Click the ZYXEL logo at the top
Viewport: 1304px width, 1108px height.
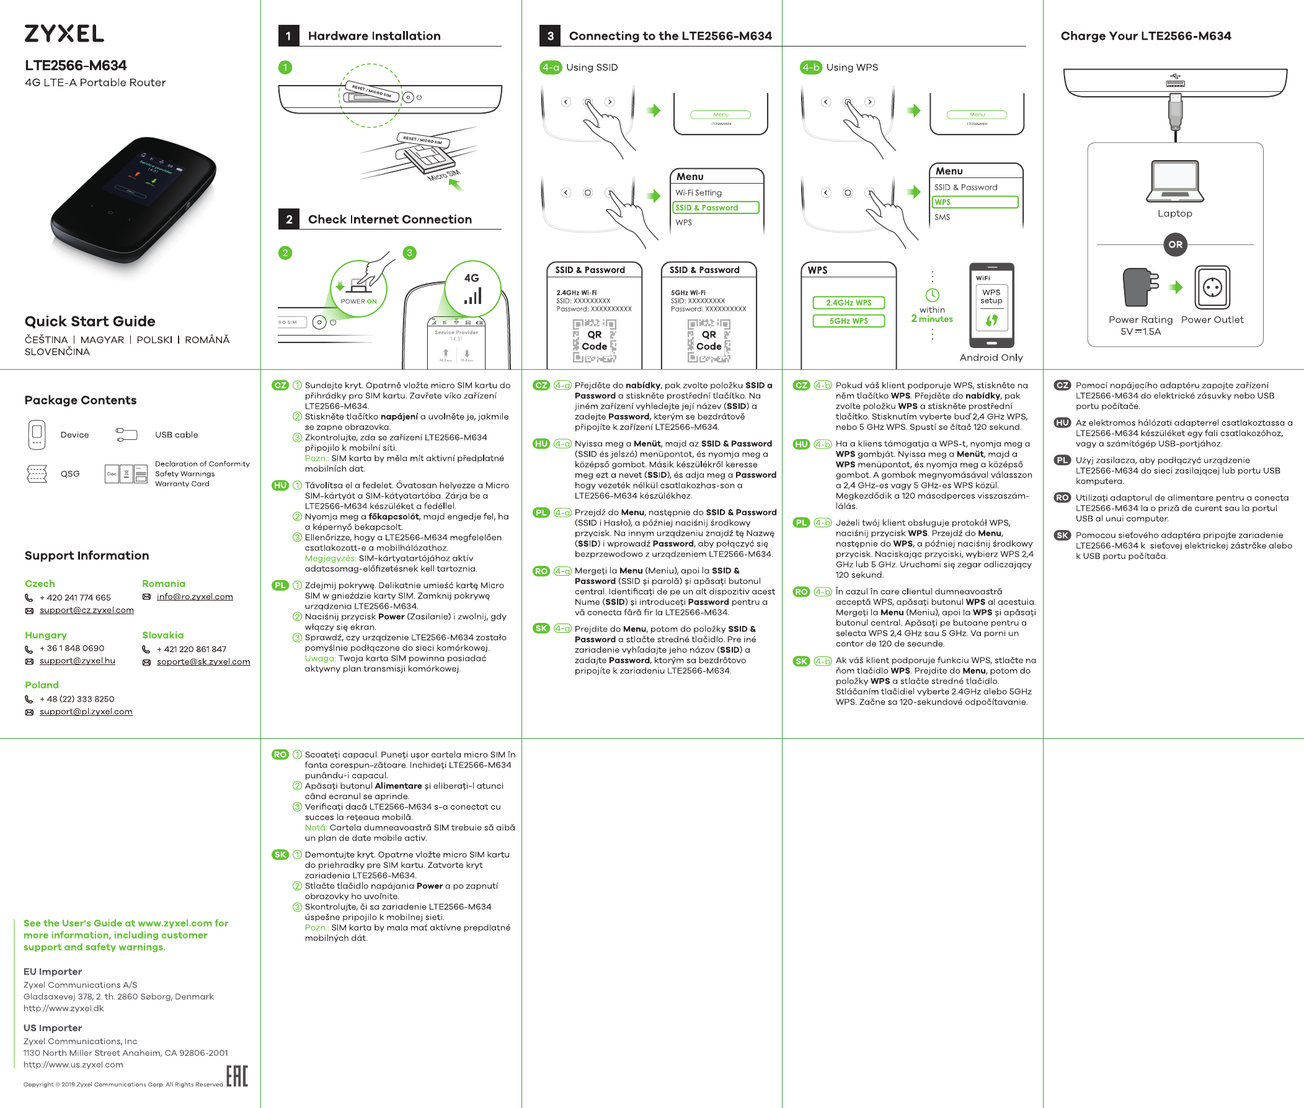coord(64,34)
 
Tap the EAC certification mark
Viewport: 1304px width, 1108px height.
coord(237,1076)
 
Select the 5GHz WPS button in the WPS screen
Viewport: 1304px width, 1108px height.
coord(848,321)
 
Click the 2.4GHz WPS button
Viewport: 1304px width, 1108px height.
coord(848,303)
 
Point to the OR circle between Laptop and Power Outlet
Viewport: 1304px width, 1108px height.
coord(1174,244)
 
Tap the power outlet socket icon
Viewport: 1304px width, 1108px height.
coord(1212,288)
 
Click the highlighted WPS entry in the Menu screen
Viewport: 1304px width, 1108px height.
coord(974,202)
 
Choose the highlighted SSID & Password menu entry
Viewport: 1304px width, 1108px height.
coord(716,208)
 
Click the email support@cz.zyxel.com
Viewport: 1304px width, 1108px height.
coord(87,610)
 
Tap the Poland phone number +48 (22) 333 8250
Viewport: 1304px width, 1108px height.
coord(77,699)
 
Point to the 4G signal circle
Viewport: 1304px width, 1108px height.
coord(472,288)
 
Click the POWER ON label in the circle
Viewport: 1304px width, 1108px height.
coord(358,302)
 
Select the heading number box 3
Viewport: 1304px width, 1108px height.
coord(550,36)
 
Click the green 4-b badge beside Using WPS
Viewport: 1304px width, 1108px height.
coord(810,67)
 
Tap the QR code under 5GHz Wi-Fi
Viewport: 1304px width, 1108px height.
coord(708,341)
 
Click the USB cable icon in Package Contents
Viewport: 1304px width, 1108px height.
coord(126,434)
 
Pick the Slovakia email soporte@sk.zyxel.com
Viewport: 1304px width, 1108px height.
coord(203,662)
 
